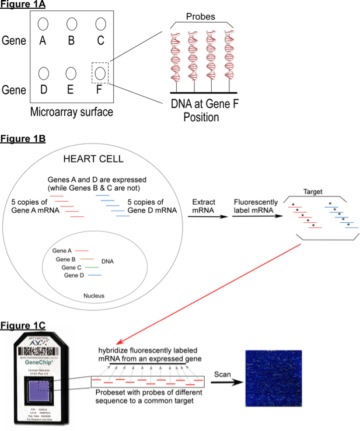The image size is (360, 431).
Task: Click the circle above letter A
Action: coord(43,24)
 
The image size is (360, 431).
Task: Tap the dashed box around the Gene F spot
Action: coord(100,74)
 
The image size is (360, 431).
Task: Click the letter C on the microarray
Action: coord(100,41)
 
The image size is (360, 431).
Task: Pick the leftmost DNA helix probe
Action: coord(175,59)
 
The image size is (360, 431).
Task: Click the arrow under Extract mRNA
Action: coord(208,216)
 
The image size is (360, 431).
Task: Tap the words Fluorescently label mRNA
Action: coord(252,205)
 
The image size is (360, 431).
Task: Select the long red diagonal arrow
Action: coord(210,291)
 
